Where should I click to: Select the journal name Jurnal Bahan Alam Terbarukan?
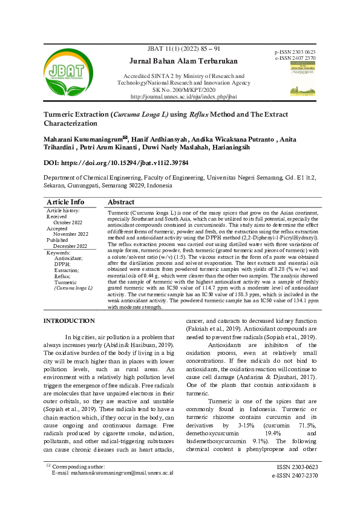click(184, 61)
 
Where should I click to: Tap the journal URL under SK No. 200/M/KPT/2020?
click(184, 97)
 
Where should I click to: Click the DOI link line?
click(116, 163)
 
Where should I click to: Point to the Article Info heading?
click(65, 202)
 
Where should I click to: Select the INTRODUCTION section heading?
click(70, 320)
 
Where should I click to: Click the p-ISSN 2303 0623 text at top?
click(295, 53)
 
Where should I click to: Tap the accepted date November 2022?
click(71, 234)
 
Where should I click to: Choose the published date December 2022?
click(70, 246)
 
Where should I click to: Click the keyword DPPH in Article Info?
click(62, 264)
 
